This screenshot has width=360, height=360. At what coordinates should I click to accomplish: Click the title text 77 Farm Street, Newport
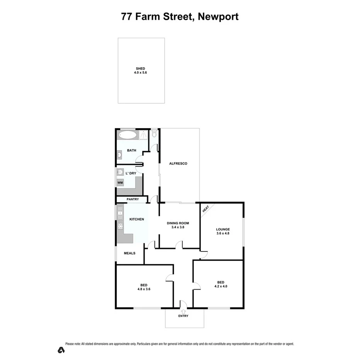tap(180, 17)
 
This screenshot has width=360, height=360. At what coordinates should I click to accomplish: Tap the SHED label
tap(140, 68)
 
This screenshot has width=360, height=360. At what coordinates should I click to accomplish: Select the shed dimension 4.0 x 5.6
tap(140, 73)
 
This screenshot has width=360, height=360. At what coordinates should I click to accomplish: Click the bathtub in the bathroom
tap(127, 135)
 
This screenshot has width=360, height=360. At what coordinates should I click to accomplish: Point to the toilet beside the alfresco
tap(155, 134)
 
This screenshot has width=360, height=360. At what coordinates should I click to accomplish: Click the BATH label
tap(132, 150)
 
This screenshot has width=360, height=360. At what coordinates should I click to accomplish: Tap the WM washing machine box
tap(120, 182)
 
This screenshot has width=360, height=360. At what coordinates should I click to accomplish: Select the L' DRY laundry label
tap(131, 173)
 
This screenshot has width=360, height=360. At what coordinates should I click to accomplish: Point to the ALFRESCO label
tap(178, 163)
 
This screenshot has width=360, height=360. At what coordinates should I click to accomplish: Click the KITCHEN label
tap(136, 219)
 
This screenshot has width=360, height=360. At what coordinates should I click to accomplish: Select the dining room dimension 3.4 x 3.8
tap(178, 228)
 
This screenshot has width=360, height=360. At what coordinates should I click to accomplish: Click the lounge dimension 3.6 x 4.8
tap(222, 233)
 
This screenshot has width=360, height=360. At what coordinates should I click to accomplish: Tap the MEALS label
tap(129, 253)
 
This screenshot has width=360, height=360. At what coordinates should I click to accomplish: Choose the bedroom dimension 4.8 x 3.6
tap(143, 289)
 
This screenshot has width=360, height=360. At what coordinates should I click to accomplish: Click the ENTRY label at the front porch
tap(183, 316)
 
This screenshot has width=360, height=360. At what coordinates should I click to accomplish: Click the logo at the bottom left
tap(61, 350)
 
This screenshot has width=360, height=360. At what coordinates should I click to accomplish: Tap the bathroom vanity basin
tap(119, 155)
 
